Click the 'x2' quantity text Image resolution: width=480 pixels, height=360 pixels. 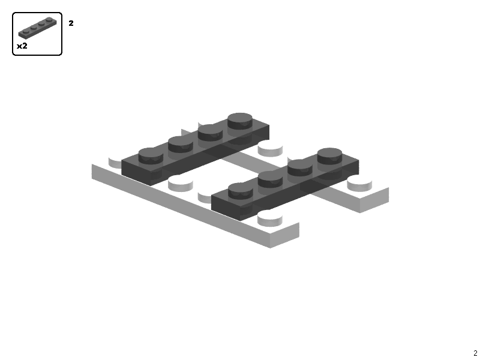click(22, 46)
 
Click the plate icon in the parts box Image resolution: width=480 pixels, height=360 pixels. click(37, 29)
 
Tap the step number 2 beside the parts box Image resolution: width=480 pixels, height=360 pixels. click(71, 23)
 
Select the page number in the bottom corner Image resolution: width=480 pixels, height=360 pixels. click(475, 353)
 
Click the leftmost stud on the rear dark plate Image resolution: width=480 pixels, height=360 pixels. click(151, 155)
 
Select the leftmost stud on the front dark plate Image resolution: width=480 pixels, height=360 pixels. click(241, 190)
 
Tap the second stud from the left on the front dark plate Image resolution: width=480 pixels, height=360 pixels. click(271, 178)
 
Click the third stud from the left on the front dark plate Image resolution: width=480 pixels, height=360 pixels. click(300, 166)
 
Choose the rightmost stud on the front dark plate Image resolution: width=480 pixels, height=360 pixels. click(330, 154)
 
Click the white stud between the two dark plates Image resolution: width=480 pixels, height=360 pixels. click(181, 182)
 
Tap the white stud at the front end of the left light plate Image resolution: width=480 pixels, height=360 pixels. click(270, 217)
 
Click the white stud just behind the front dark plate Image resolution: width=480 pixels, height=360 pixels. click(270, 147)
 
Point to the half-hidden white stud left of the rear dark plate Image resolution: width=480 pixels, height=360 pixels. click(115, 161)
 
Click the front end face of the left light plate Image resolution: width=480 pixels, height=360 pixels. click(284, 236)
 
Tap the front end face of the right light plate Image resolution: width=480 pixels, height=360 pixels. click(374, 200)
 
